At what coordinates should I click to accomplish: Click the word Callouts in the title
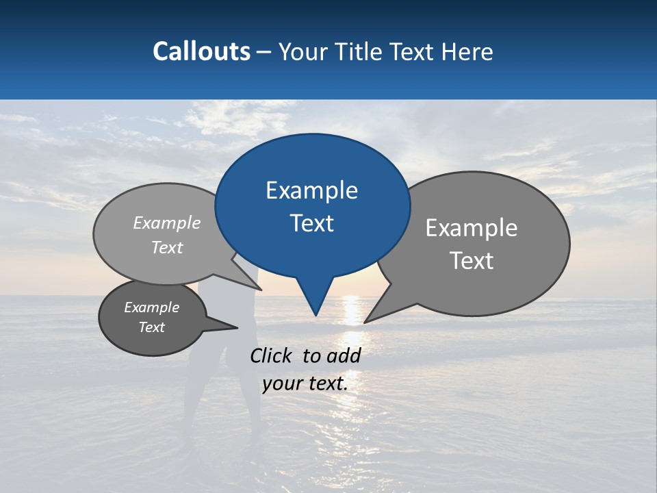(201, 52)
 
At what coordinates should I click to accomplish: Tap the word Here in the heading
(467, 52)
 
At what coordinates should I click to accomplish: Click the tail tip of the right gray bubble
(365, 322)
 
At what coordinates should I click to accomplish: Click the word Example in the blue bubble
(311, 190)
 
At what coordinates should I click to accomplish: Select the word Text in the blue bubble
(311, 223)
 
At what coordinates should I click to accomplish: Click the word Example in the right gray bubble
(472, 228)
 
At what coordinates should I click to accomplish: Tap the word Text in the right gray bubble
(472, 261)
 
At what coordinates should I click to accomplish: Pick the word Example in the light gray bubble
(167, 223)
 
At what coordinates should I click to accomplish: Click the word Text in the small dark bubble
(152, 327)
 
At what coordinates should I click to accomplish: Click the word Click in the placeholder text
(272, 355)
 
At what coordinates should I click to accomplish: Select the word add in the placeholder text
(344, 355)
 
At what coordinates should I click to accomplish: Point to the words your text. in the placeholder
(305, 383)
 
